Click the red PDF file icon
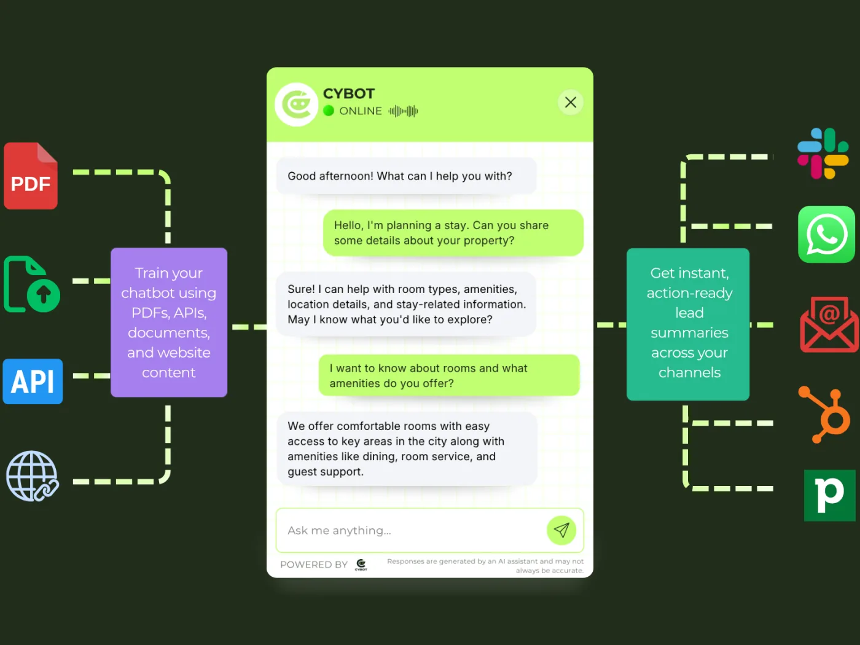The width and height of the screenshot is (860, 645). [31, 176]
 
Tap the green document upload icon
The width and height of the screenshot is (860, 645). [32, 284]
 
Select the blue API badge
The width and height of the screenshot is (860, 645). [33, 381]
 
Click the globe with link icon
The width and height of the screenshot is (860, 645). [33, 476]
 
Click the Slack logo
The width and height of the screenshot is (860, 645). [823, 153]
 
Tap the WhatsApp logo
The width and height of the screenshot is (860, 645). [826, 234]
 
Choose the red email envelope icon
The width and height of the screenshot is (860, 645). [829, 325]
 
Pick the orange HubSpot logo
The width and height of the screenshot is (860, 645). [825, 414]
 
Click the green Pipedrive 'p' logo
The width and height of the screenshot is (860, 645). [829, 495]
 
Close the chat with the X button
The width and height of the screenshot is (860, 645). [571, 102]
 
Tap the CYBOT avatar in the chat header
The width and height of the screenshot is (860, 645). [297, 104]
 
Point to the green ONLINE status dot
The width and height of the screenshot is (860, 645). [329, 111]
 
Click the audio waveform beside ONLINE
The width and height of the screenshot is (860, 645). [403, 111]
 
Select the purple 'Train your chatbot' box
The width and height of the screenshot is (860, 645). [169, 322]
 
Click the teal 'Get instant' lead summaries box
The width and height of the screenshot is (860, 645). [688, 324]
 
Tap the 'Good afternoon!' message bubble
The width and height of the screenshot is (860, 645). [406, 176]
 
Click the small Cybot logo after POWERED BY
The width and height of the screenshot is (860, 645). [361, 565]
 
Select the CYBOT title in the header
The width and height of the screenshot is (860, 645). [349, 93]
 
